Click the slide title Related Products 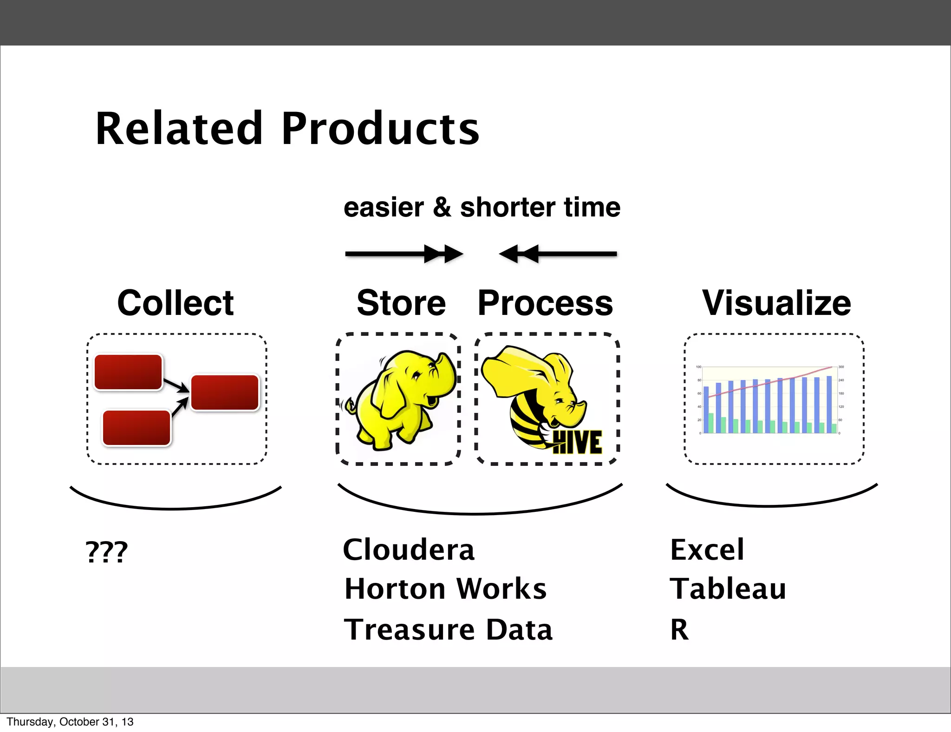pos(287,129)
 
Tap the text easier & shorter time pos(482,207)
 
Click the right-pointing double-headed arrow pos(404,254)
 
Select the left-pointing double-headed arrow pos(557,254)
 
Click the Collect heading pos(176,303)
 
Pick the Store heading pos(401,303)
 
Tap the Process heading pos(545,303)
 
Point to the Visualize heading pos(776,303)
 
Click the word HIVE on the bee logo pos(578,442)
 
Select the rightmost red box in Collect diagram pos(225,392)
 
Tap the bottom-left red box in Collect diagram pos(137,428)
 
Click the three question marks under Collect pos(106,552)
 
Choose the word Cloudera pos(409,550)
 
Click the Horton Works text pos(445,589)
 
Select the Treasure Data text pos(448,630)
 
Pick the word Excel pos(707,550)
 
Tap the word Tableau pos(728,589)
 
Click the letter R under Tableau pos(679,630)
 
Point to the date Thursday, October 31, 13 pos(70,722)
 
